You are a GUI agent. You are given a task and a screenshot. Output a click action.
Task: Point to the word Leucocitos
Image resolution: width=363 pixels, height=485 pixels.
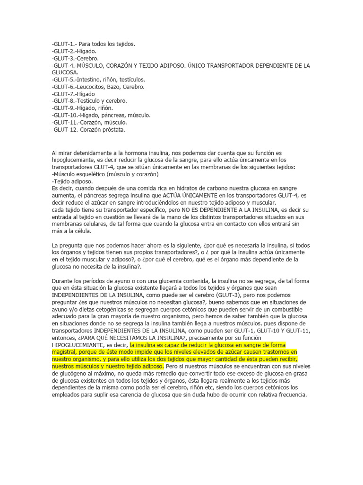pos(94,87)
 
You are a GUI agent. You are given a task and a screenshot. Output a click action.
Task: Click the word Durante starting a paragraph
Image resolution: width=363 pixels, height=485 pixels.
pos(62,281)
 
